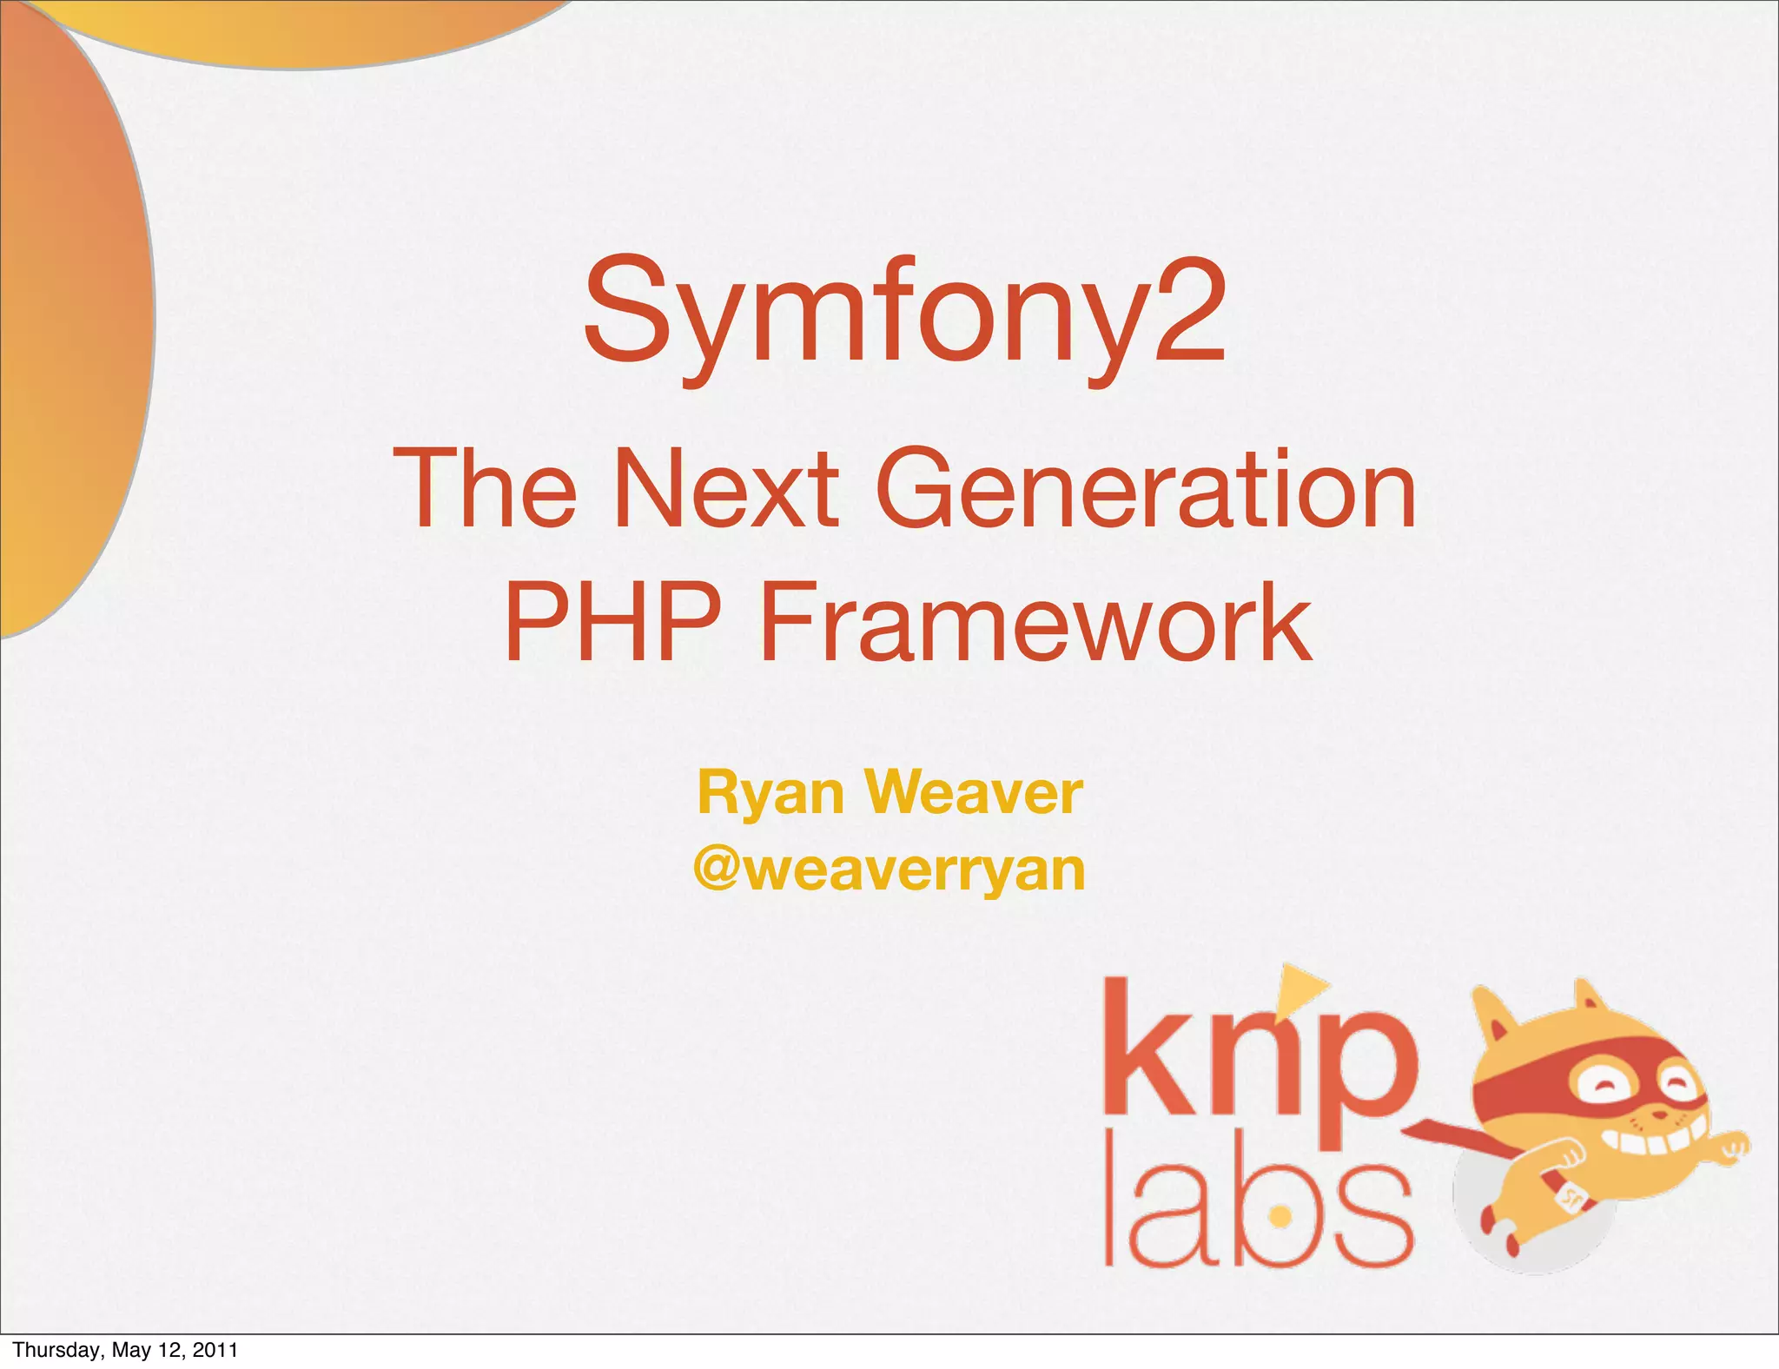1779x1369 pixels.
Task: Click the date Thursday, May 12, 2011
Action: coord(125,1349)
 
